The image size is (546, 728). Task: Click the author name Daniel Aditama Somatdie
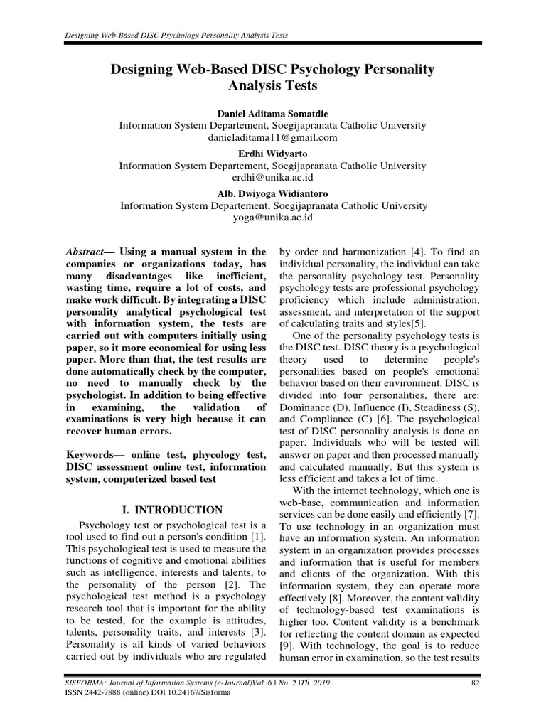(x=273, y=113)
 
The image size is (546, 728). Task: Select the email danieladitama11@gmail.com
(x=273, y=137)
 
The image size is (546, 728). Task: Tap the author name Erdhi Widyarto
(x=273, y=154)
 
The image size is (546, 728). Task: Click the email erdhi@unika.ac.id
(x=273, y=178)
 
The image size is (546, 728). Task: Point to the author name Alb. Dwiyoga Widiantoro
(x=273, y=193)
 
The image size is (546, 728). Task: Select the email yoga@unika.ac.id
(x=273, y=218)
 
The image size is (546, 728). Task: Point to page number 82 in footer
(x=476, y=683)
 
